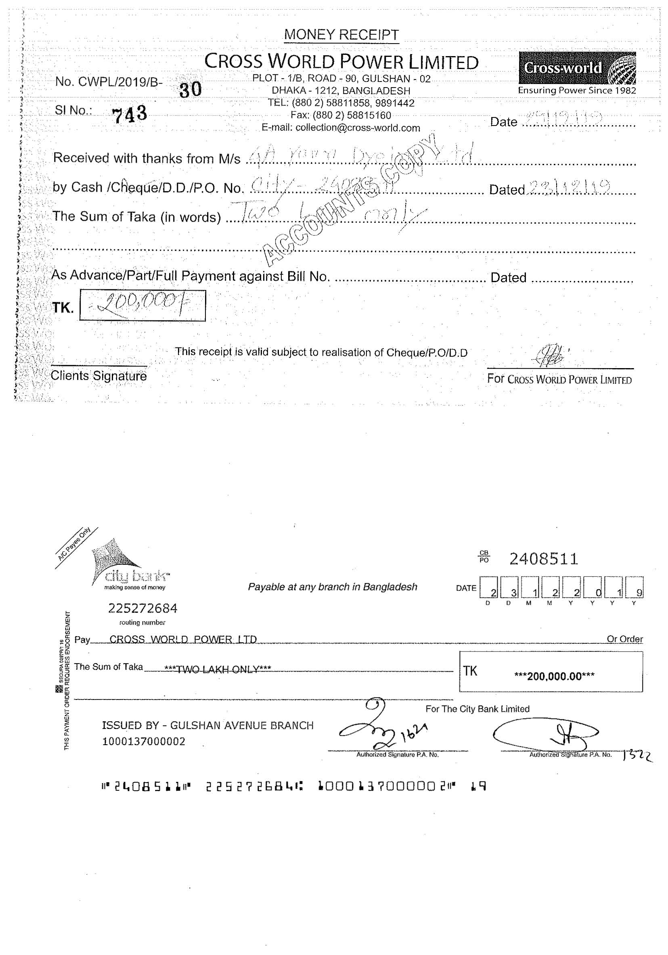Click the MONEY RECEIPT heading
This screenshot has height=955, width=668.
[341, 35]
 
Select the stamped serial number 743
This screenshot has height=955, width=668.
[130, 114]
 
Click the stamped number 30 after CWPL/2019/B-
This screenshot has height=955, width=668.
[191, 89]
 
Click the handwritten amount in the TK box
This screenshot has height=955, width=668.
[141, 305]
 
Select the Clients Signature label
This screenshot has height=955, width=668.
[98, 376]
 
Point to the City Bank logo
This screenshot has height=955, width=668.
[125, 563]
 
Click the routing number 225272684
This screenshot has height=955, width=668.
[142, 609]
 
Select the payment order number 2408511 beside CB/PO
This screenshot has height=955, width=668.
[544, 559]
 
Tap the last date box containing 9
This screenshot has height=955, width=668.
[635, 587]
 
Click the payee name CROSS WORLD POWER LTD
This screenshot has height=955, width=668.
[183, 639]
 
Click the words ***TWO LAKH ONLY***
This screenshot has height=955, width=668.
[218, 669]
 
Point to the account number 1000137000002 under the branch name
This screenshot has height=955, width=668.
[144, 741]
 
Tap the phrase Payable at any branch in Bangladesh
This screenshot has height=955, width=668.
[332, 587]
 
